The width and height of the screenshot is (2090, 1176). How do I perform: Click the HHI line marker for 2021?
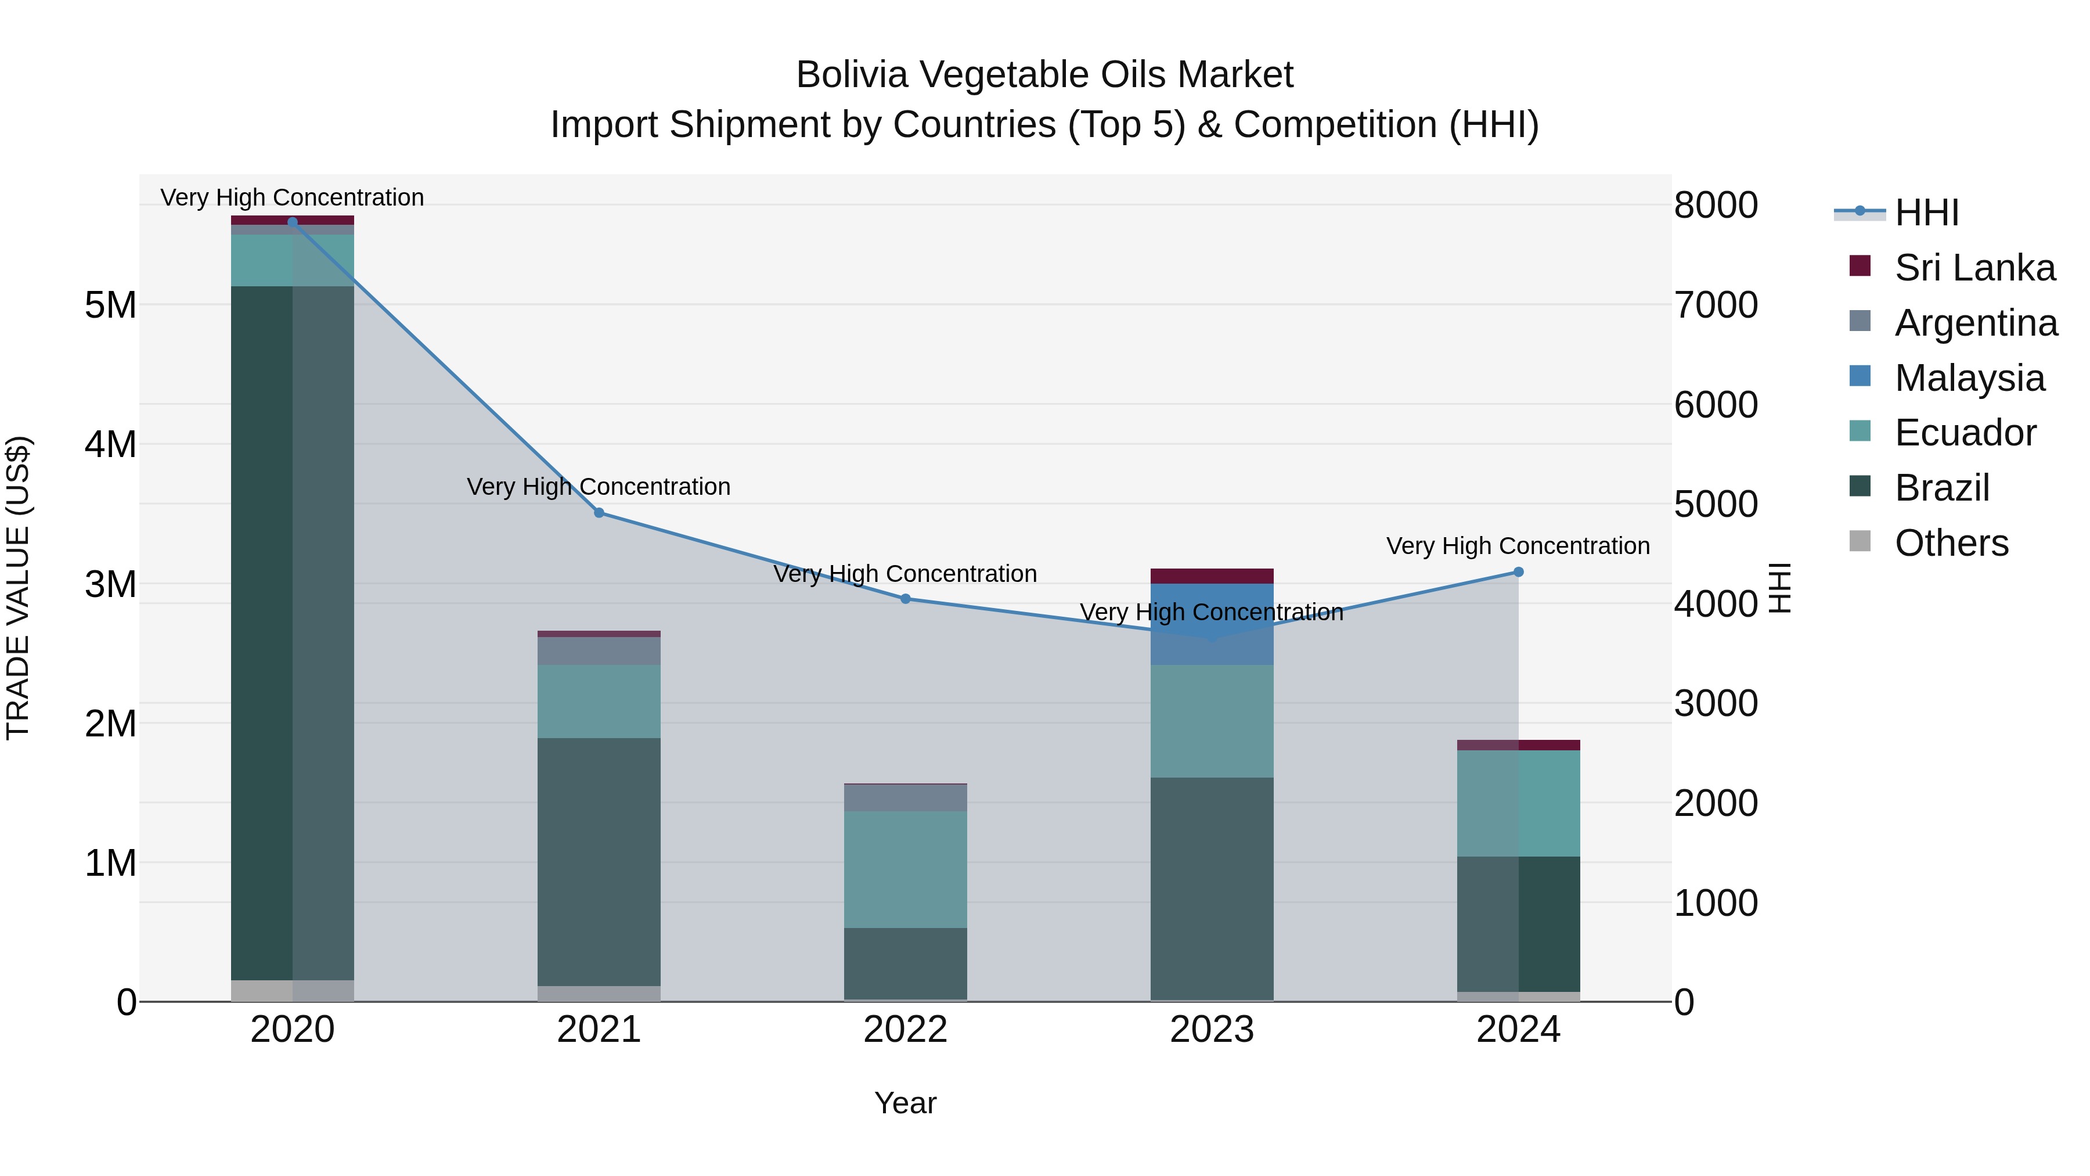pos(599,513)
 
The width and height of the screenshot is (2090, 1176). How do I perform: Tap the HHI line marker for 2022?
pos(906,599)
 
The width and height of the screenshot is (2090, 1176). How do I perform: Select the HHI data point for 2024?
pos(1518,572)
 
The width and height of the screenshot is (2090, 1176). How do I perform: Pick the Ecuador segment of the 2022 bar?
pos(906,868)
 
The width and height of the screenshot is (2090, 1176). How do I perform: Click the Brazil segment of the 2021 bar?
pos(599,860)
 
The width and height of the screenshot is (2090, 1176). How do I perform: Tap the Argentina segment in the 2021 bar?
pos(599,651)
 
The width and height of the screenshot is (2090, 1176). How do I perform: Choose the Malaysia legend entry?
pos(1969,378)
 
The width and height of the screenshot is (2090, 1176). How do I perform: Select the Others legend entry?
pos(1951,543)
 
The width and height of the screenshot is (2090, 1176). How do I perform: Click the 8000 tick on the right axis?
pos(1715,206)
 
